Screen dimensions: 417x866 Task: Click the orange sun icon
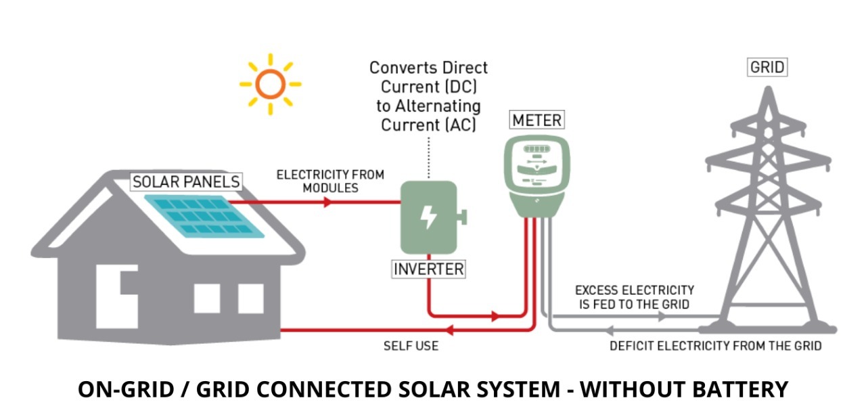click(270, 84)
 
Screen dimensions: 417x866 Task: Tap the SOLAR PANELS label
click(186, 181)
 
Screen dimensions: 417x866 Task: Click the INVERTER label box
click(429, 269)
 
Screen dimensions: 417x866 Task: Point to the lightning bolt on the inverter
click(428, 217)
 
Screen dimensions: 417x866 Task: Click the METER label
click(537, 120)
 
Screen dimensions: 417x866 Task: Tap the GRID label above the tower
click(767, 67)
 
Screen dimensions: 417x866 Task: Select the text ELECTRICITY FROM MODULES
click(330, 181)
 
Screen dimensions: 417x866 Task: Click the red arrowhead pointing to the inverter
click(328, 202)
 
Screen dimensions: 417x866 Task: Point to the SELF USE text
click(411, 346)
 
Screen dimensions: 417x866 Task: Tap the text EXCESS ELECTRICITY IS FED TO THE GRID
click(635, 297)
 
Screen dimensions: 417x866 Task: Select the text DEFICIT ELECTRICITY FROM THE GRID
click(715, 346)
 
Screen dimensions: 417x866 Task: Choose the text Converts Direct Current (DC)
click(428, 77)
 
